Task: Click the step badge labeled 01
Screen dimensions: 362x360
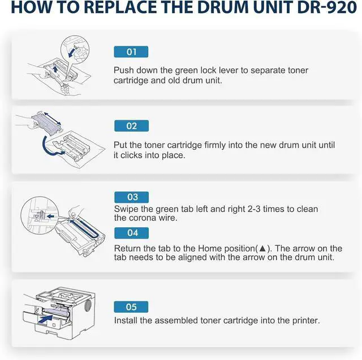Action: pyautogui.click(x=131, y=52)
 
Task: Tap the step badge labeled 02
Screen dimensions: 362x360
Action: pyautogui.click(x=131, y=126)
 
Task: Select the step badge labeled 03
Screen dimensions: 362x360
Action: pyautogui.click(x=132, y=197)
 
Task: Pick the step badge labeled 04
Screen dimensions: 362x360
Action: pyautogui.click(x=132, y=233)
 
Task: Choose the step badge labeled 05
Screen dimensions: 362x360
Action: pyautogui.click(x=131, y=307)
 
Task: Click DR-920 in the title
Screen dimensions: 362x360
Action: pyautogui.click(x=327, y=7)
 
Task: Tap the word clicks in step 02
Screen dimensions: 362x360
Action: pyautogui.click(x=131, y=155)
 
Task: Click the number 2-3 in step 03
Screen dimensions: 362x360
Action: pyautogui.click(x=254, y=209)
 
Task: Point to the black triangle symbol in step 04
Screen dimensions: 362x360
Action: pyautogui.click(x=262, y=249)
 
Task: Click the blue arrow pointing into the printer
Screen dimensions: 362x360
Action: pyautogui.click(x=45, y=319)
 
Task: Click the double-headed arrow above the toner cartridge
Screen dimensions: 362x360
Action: pyautogui.click(x=53, y=119)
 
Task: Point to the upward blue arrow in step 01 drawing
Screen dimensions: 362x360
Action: pyautogui.click(x=55, y=69)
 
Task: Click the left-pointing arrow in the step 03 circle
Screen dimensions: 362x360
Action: pyautogui.click(x=50, y=216)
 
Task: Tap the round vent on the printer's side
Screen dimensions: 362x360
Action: pyautogui.click(x=88, y=306)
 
